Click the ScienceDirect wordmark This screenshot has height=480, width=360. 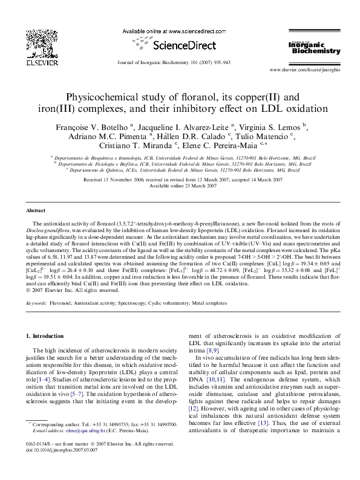click(180, 45)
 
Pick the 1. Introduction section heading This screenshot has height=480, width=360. click(46, 335)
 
